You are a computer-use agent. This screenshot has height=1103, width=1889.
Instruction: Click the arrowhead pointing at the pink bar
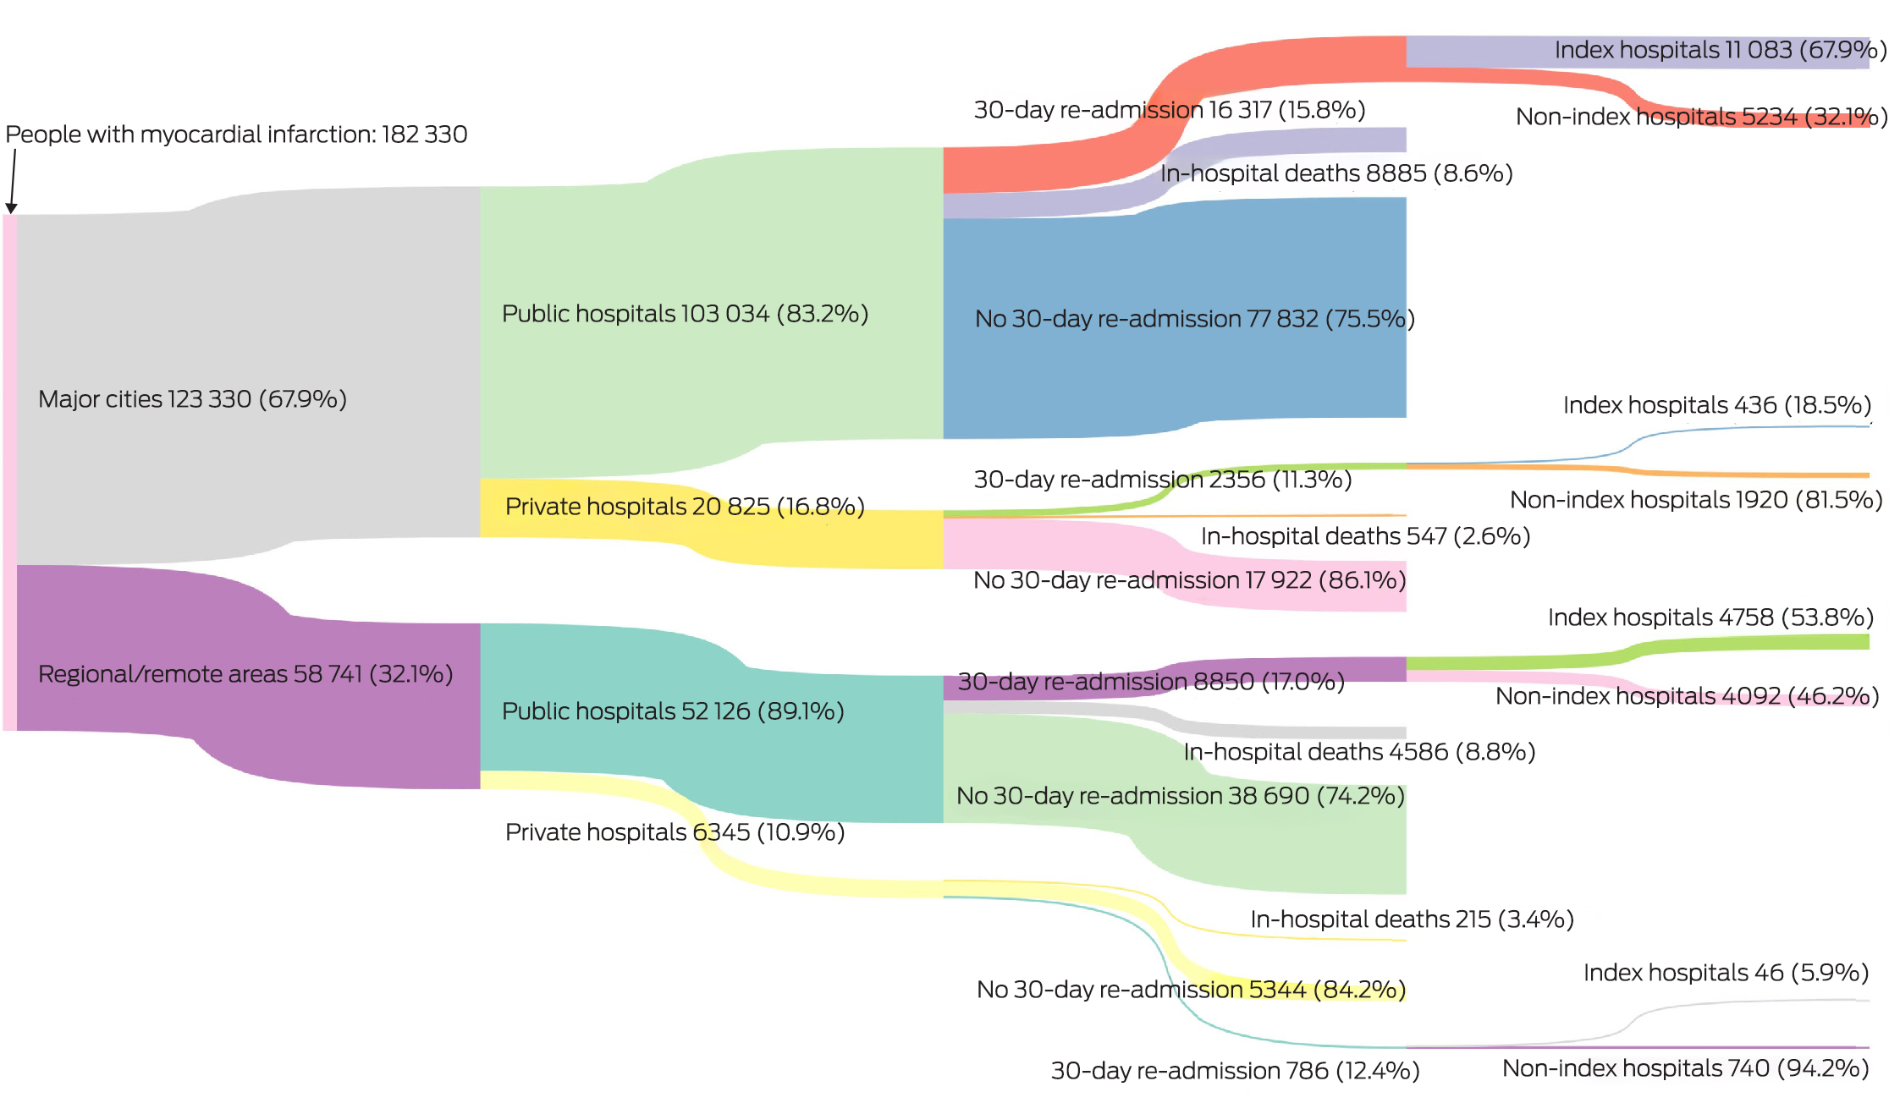pos(11,207)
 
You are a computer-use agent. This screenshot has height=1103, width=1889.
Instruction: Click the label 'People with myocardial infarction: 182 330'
pos(236,134)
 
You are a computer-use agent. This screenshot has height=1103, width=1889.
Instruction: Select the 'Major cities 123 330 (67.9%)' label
pos(192,399)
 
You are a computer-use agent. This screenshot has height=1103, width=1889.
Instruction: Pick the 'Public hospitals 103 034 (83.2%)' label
pos(685,314)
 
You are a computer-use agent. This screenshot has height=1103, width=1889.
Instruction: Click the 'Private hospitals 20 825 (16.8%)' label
pos(685,507)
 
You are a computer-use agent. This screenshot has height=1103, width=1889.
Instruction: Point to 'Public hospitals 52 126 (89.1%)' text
pos(673,711)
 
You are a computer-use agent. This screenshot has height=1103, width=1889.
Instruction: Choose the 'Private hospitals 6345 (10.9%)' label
pos(675,832)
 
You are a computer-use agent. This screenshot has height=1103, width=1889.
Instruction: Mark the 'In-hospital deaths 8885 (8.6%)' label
pos(1336,173)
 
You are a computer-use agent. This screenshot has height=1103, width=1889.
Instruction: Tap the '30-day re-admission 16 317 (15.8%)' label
pos(1169,110)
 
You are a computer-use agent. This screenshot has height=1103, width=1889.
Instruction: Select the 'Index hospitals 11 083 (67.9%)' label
pos(1720,50)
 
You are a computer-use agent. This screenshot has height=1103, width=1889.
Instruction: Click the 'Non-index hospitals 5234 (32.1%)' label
pos(1701,117)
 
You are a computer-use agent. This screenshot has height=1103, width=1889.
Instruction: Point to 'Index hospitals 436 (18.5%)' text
pos(1716,405)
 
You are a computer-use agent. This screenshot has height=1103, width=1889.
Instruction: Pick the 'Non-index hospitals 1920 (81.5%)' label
pos(1696,500)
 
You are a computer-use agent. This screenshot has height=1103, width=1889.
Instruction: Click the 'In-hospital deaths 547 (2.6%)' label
pos(1365,536)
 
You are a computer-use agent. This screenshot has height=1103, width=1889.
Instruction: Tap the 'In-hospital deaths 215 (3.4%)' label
pos(1412,919)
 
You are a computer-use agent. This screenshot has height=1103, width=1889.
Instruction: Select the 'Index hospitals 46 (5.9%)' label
pos(1726,973)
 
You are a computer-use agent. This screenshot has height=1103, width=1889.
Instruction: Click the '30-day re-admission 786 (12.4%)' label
pos(1235,1071)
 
